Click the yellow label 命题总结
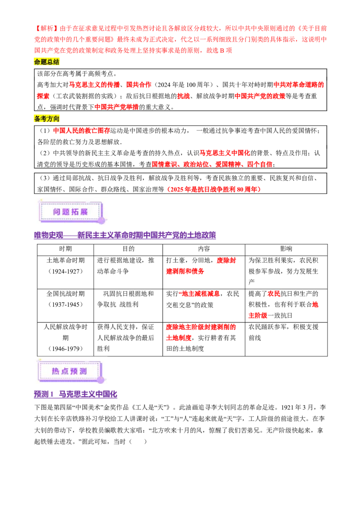tap(47, 62)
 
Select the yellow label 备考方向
tap(47, 119)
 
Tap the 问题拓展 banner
tap(72, 211)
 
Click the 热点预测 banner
tap(70, 370)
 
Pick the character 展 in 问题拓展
tap(83, 212)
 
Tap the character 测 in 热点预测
tap(83, 371)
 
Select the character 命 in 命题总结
tap(37, 62)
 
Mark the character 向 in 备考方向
tap(56, 119)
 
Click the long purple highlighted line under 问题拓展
tap(125, 236)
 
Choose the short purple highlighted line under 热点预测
tap(75, 394)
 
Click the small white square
tap(283, 164)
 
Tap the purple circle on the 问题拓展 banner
tap(101, 220)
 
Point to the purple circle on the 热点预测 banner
tap(100, 380)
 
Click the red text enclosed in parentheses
tap(214, 189)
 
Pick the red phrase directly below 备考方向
tap(82, 131)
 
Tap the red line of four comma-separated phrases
tap(212, 164)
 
